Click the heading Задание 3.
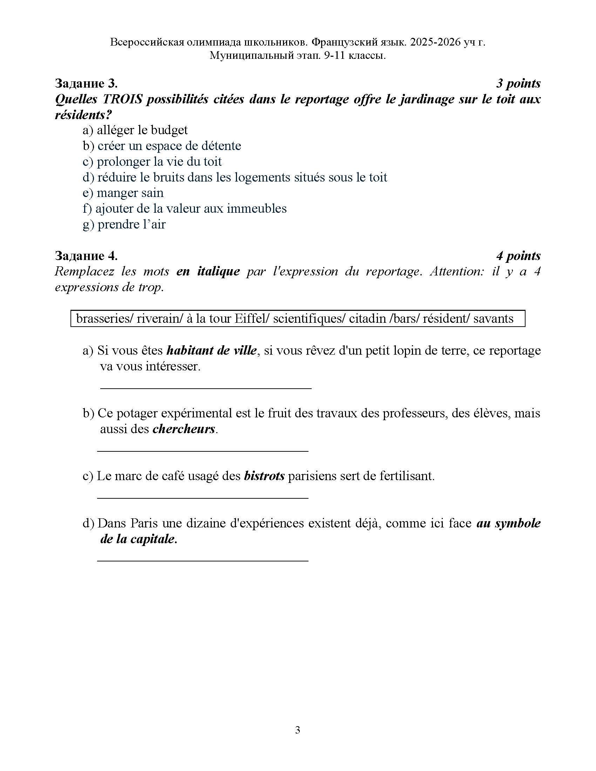pyautogui.click(x=86, y=84)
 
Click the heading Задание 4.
pyautogui.click(x=86, y=256)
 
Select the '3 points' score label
pyautogui.click(x=518, y=84)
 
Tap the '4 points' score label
pyautogui.click(x=518, y=256)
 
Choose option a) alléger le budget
pyautogui.click(x=135, y=130)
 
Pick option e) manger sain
pyautogui.click(x=123, y=193)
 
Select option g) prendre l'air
pyautogui.click(x=124, y=225)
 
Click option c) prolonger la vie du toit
pyautogui.click(x=152, y=162)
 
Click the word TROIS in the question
pyautogui.click(x=122, y=100)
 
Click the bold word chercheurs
pyautogui.click(x=184, y=429)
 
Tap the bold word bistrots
pyautogui.click(x=264, y=476)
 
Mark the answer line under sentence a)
pyautogui.click(x=205, y=388)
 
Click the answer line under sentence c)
pyautogui.click(x=203, y=498)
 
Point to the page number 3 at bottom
pyautogui.click(x=298, y=730)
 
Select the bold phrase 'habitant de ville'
pyautogui.click(x=211, y=350)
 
